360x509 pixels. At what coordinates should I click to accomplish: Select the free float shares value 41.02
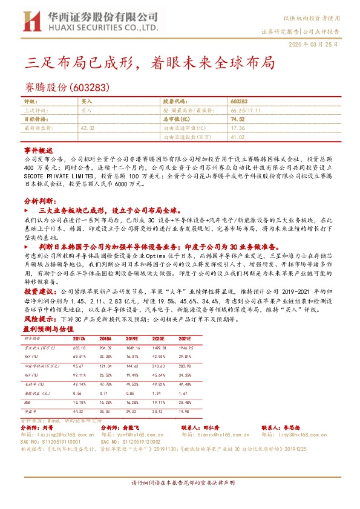click(x=237, y=137)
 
